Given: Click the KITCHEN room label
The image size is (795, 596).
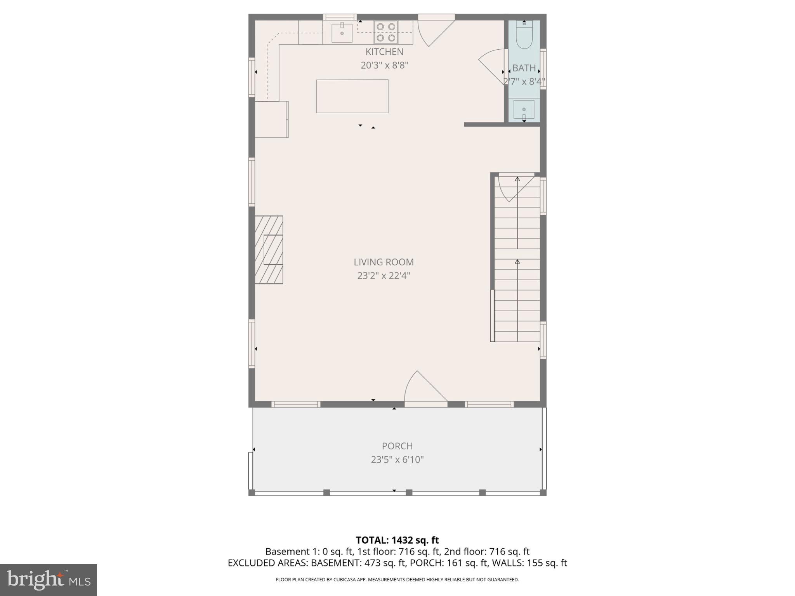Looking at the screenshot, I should click(x=384, y=52).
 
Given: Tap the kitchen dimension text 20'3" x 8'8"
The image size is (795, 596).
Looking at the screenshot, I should click(x=384, y=65).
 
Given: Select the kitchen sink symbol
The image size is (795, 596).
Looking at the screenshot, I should click(x=342, y=33).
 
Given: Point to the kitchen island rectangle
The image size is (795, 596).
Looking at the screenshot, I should click(x=352, y=96).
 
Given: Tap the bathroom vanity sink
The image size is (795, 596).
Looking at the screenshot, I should click(x=524, y=109).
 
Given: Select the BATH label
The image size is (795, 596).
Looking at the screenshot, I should click(x=524, y=68).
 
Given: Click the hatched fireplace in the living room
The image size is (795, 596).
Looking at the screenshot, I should click(x=269, y=249).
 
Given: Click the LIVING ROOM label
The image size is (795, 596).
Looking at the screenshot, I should click(x=384, y=262).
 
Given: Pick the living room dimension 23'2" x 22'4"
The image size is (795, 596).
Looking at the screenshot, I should click(x=384, y=276).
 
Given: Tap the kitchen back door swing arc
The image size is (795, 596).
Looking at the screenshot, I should click(x=433, y=33).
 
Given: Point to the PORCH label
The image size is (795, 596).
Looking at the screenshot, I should click(x=397, y=446).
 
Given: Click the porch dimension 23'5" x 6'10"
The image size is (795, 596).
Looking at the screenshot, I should click(x=397, y=460).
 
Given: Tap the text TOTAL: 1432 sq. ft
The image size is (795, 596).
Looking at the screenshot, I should click(x=397, y=540).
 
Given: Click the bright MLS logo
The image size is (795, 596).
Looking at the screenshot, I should click(x=49, y=580).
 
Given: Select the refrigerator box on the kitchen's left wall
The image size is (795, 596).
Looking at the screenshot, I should click(x=271, y=119).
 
